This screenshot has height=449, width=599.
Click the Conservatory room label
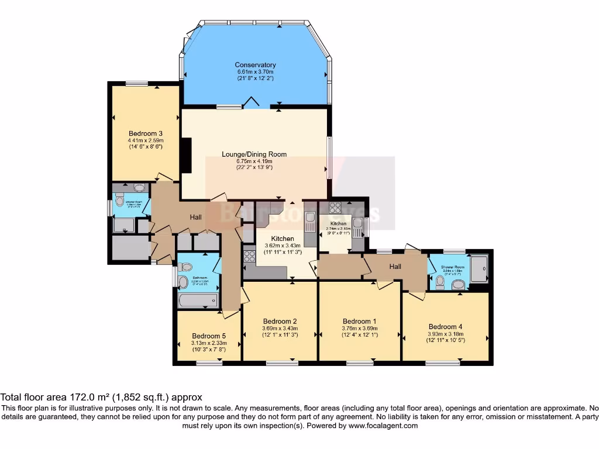coord(255,65)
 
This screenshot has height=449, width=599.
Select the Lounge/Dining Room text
coord(254,154)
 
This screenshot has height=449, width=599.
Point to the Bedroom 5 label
coord(209,336)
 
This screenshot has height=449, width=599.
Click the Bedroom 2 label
coord(280,321)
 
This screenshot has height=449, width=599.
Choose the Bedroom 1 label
coord(360,321)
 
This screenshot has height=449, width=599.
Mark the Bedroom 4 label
coord(446,326)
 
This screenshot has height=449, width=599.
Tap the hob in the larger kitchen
coord(249,255)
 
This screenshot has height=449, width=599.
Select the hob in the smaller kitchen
coord(336,208)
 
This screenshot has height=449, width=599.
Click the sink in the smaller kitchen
coord(357,223)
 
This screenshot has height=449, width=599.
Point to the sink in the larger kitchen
coord(310,219)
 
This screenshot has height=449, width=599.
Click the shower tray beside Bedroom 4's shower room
coord(478,270)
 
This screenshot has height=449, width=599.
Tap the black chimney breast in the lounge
coord(187,155)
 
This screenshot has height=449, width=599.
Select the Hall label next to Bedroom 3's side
coord(195,217)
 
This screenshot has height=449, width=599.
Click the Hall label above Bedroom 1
coord(395,267)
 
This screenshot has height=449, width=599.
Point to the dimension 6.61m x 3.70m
coord(255,71)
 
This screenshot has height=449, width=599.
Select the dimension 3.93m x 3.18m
coord(446,334)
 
